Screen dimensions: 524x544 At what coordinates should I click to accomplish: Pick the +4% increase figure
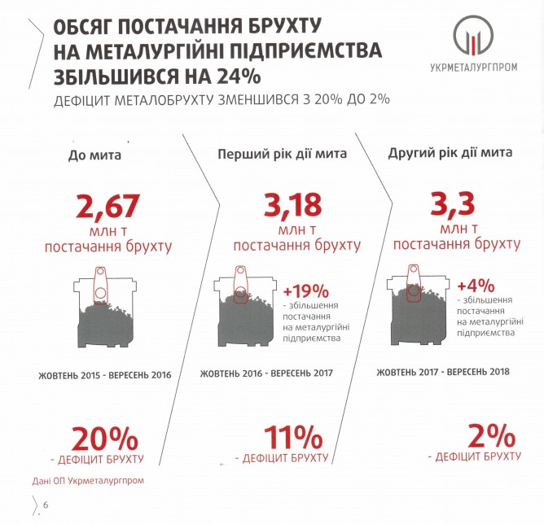[x=474, y=286]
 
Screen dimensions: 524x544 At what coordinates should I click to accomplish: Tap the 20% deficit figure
[x=106, y=439]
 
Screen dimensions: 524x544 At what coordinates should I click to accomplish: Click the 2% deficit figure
[x=481, y=435]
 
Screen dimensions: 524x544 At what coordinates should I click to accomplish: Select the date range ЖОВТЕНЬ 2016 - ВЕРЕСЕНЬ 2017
[x=273, y=375]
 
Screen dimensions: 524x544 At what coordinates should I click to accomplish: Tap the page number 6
[x=46, y=506]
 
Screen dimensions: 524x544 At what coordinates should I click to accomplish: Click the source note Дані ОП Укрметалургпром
[x=90, y=480]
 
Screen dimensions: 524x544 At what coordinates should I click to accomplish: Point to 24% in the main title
[x=239, y=80]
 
